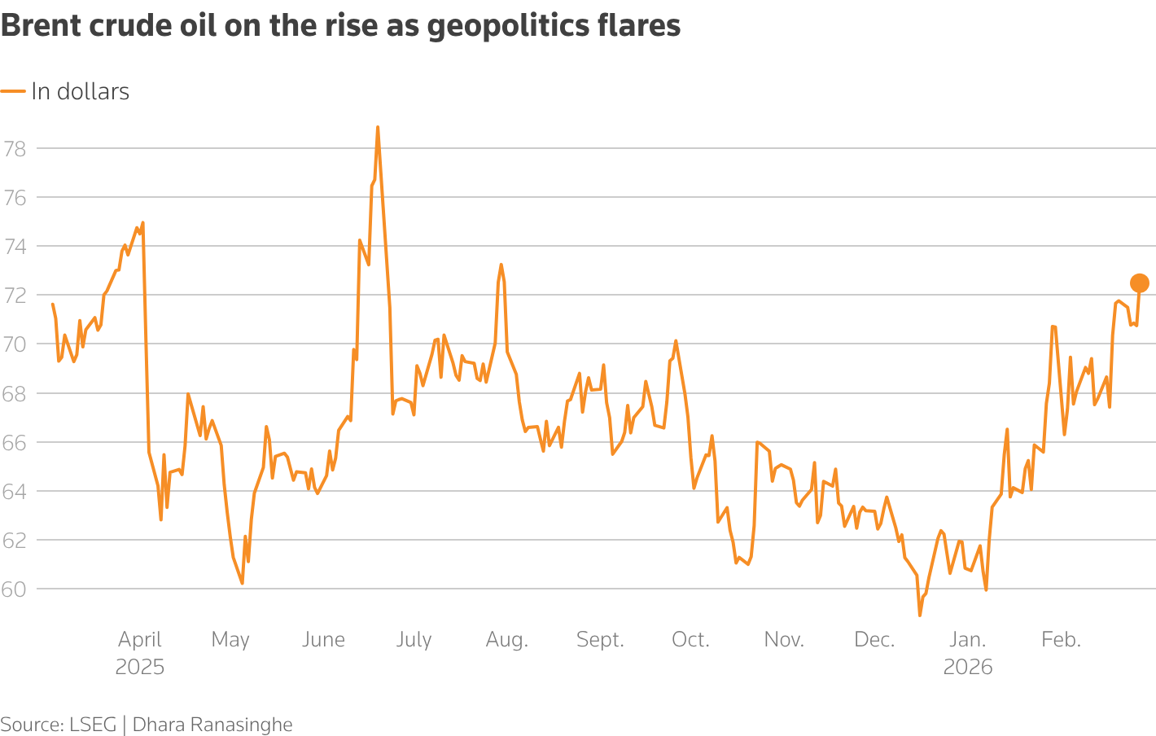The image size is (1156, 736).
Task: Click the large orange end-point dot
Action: coord(1139,283)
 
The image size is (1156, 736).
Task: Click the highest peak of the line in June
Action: coord(378,128)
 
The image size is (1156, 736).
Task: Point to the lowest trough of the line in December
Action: coord(920,615)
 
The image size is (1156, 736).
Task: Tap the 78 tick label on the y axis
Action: coord(15,149)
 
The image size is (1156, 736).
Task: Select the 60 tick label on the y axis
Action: coord(15,589)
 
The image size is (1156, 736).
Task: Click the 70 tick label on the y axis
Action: coord(15,344)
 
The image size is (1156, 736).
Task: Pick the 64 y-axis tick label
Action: coord(15,492)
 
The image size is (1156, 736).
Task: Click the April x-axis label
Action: coord(140,640)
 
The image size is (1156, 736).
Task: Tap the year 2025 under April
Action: coord(140,668)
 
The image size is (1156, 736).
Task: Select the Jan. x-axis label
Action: coord(967,640)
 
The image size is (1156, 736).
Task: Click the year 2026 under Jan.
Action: coord(967,668)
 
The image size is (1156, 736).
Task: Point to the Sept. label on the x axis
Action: coord(600,640)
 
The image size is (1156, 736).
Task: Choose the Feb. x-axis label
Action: coord(1061,640)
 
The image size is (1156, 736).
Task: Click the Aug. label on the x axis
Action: coord(506,640)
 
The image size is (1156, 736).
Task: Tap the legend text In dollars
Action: coord(80,92)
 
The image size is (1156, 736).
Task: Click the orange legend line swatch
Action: coord(13,92)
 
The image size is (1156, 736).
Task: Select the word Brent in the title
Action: coord(41,26)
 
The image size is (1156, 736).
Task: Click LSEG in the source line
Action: coord(93,725)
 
